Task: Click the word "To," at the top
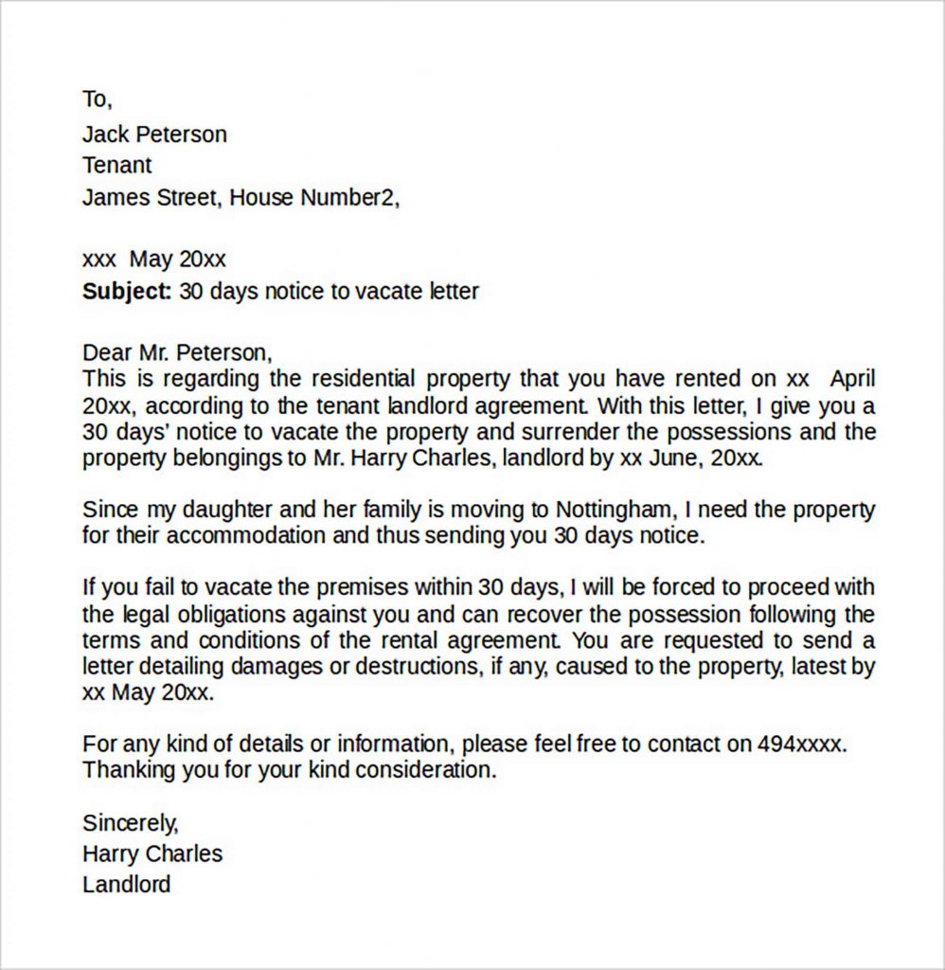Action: click(x=97, y=99)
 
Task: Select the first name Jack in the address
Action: click(x=104, y=134)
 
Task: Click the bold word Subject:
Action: click(x=127, y=291)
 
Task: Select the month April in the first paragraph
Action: click(x=852, y=380)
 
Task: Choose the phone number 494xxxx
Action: click(x=800, y=744)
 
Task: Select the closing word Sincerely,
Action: click(x=130, y=822)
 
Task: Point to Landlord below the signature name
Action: click(x=126, y=885)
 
